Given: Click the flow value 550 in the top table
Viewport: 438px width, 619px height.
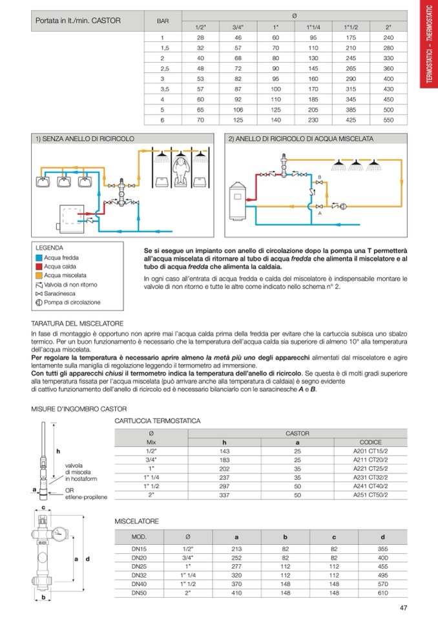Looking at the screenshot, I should click(388, 120).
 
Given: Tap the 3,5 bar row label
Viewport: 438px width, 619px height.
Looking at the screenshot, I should click(164, 88).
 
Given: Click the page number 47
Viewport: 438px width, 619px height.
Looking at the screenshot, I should click(404, 607).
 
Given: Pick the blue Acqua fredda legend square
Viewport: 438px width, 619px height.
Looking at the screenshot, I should click(39, 257).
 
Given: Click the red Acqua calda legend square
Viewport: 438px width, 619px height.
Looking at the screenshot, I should click(39, 266).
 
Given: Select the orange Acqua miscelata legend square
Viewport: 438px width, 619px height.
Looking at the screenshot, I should click(39, 275).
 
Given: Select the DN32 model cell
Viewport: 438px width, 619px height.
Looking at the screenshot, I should click(139, 574).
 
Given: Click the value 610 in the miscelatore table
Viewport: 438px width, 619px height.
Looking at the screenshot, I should click(382, 592).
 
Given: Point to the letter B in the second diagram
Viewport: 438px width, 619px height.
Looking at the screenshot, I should click(319, 176).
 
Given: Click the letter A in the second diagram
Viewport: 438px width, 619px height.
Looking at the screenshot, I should click(320, 214).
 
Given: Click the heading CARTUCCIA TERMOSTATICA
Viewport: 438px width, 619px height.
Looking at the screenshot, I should click(158, 421).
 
